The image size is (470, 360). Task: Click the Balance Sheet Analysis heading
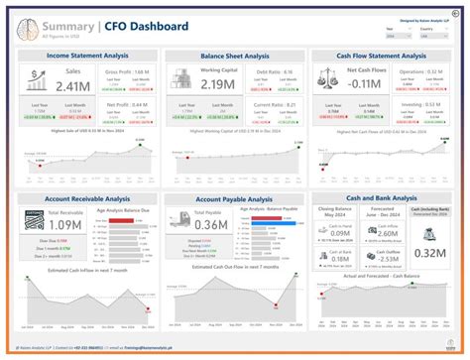pyautogui.click(x=235, y=57)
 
